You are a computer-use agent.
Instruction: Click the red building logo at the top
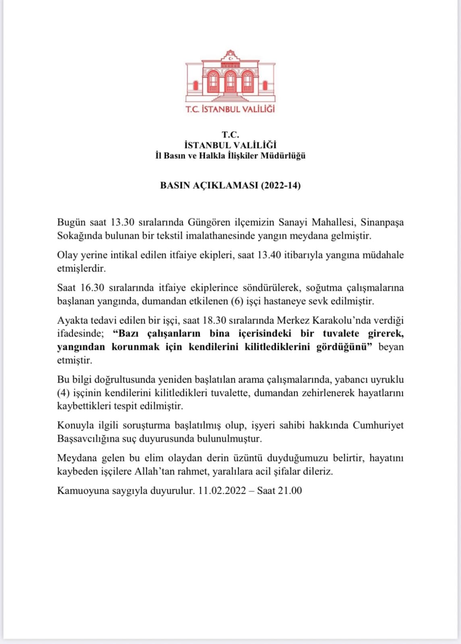(230, 76)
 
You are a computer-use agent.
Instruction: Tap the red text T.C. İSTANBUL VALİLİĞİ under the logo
(230, 109)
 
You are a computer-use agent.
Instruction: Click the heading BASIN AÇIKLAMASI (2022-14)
(230, 185)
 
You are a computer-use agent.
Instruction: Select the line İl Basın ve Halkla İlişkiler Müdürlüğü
(230, 156)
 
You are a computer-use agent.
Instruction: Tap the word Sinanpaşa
(382, 222)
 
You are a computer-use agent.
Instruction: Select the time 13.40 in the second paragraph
(269, 255)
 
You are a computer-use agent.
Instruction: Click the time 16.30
(92, 288)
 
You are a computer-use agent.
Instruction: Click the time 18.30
(214, 320)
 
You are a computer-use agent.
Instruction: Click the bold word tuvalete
(341, 334)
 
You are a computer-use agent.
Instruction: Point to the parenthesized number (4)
(64, 393)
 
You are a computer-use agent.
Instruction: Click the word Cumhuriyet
(378, 425)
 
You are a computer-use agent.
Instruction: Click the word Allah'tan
(154, 471)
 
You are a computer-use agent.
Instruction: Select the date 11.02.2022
(222, 491)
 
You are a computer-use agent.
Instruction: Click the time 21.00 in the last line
(290, 491)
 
